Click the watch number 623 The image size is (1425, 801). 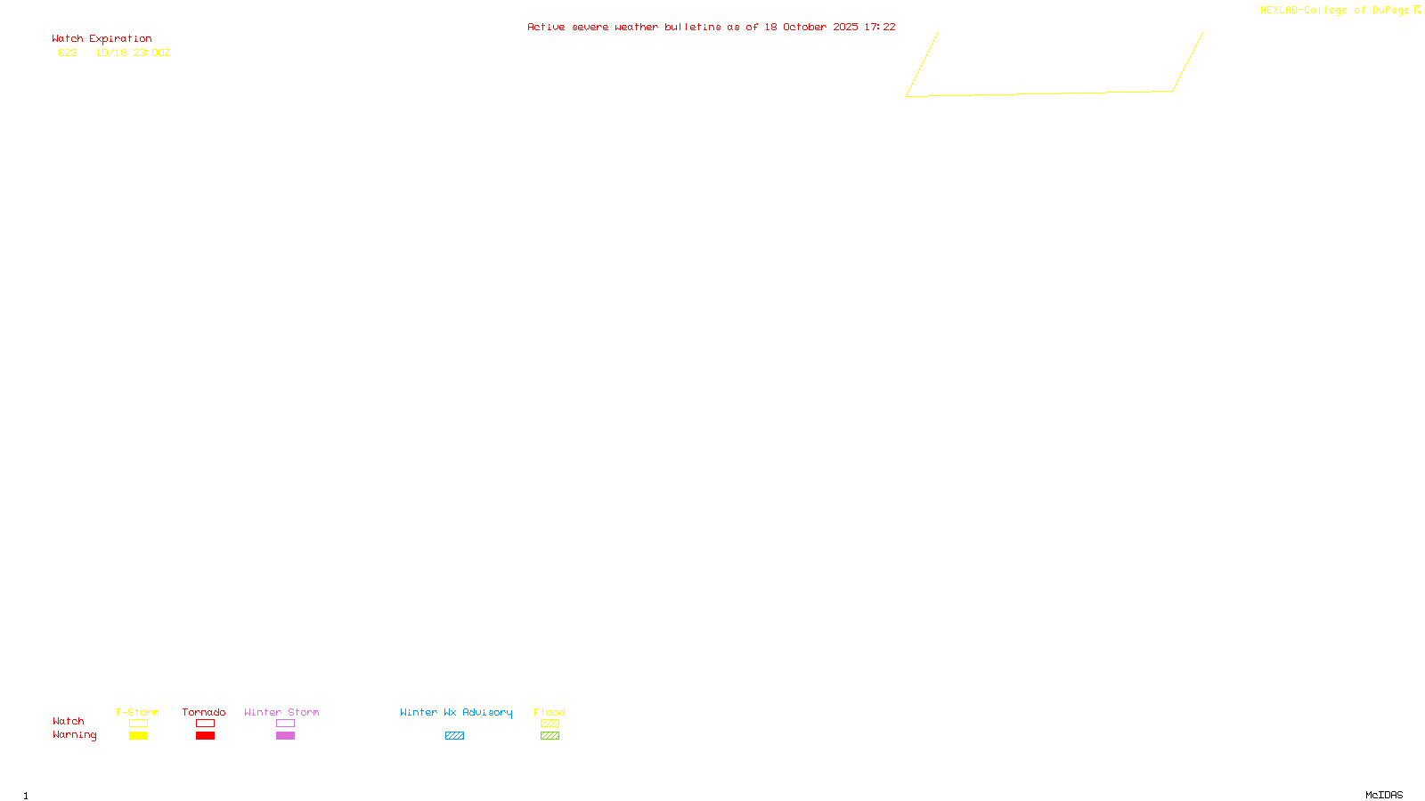[x=68, y=53]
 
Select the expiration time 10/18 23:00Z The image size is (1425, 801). [x=133, y=53]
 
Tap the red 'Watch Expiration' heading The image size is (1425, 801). [x=102, y=39]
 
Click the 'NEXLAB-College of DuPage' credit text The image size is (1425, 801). [x=1334, y=11]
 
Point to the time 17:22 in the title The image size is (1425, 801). [x=880, y=27]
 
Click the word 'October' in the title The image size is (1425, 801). [x=804, y=27]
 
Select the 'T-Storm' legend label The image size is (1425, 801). [x=137, y=712]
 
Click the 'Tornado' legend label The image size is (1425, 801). [x=204, y=712]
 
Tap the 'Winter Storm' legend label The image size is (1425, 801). [x=281, y=712]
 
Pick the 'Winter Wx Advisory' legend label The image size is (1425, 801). [x=456, y=712]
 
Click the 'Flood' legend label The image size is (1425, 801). [x=550, y=712]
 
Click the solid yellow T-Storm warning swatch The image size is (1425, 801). [x=138, y=736]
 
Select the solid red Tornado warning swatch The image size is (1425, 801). [x=206, y=736]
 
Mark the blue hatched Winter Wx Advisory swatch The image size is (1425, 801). [x=454, y=736]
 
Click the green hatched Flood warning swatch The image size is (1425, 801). [x=550, y=736]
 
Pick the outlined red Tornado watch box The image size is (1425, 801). [x=206, y=724]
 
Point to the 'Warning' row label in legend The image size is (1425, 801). [x=74, y=735]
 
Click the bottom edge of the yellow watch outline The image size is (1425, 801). [x=1039, y=93]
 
